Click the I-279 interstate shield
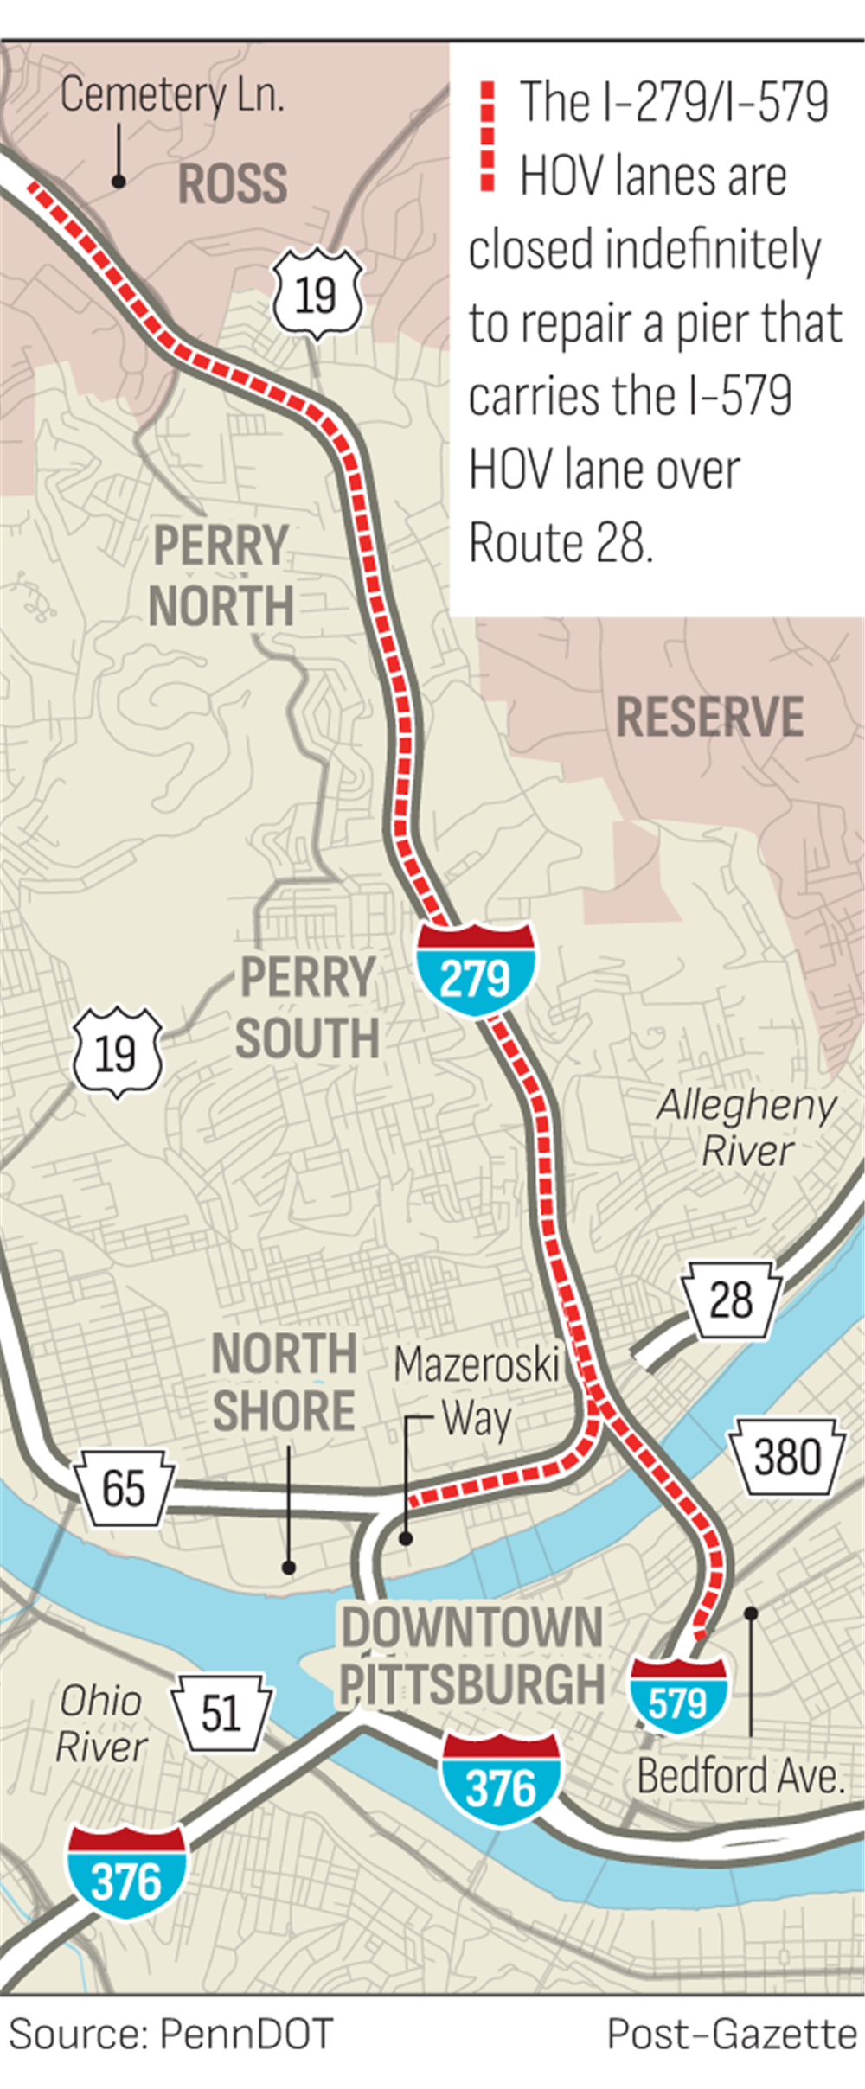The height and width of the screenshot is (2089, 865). [475, 969]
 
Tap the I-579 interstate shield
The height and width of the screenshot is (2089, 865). [678, 1695]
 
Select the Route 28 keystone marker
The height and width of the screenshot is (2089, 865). [731, 1300]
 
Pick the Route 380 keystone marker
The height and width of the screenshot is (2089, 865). [786, 1457]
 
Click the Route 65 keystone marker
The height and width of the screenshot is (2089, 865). [124, 1488]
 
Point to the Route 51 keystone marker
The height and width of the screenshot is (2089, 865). [221, 1713]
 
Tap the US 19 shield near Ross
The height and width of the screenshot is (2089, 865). [317, 295]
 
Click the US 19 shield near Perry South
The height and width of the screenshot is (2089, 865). [117, 1052]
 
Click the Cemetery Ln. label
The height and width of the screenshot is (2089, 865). [172, 95]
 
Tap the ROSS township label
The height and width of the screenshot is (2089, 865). [232, 183]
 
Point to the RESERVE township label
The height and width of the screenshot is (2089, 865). [709, 717]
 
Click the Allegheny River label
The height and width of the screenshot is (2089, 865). [746, 1128]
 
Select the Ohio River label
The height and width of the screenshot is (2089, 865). [101, 1723]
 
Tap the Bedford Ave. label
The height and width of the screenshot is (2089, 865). [740, 1776]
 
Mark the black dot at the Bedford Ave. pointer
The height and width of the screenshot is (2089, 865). [751, 1613]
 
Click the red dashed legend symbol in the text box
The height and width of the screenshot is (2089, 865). [488, 136]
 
